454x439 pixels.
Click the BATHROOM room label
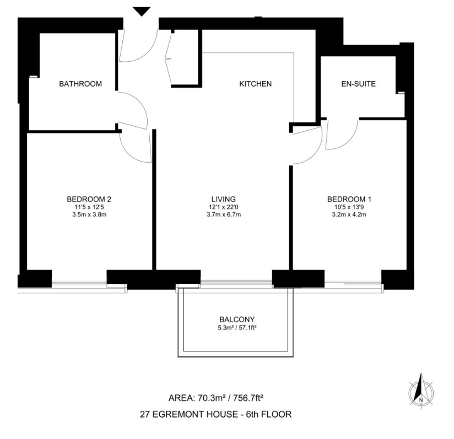point(80,84)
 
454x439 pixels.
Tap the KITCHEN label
point(255,84)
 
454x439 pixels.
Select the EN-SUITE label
point(358,84)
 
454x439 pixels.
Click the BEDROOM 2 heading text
point(89,199)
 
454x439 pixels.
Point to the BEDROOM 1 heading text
point(346,199)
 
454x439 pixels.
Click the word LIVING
point(224,199)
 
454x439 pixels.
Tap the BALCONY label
point(237,319)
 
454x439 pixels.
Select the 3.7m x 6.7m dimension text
point(224,215)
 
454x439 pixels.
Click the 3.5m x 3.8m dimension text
point(89,215)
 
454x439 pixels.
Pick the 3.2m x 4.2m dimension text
point(346,215)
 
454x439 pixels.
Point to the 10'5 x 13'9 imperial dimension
point(346,207)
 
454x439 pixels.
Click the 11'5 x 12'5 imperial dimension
point(89,207)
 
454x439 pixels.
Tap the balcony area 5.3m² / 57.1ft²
point(237,328)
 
